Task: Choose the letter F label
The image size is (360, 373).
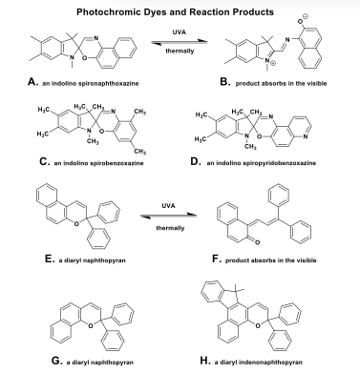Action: tap(217, 259)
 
